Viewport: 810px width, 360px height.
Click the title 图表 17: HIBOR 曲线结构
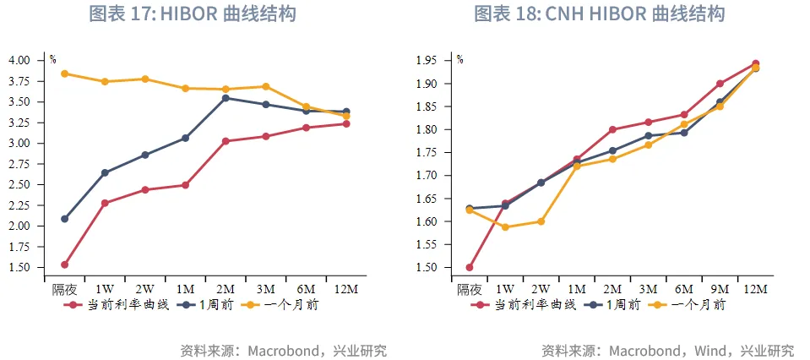tap(193, 14)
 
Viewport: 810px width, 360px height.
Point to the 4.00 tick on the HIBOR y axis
tap(18, 61)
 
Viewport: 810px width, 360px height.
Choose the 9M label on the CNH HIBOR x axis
tap(719, 289)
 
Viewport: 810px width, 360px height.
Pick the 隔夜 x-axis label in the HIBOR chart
tap(64, 289)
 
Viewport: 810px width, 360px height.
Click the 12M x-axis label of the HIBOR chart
tap(346, 289)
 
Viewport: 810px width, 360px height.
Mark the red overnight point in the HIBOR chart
tap(65, 265)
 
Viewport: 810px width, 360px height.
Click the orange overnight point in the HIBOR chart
tap(65, 74)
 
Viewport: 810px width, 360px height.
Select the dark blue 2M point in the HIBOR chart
tap(226, 98)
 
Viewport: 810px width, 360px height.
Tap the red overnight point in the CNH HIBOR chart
tap(470, 267)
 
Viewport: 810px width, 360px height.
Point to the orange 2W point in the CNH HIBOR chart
tap(541, 221)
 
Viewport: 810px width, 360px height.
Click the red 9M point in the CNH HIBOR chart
tap(720, 84)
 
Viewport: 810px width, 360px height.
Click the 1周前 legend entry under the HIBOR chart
tap(217, 305)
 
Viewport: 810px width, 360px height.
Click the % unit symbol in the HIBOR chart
tap(52, 59)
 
